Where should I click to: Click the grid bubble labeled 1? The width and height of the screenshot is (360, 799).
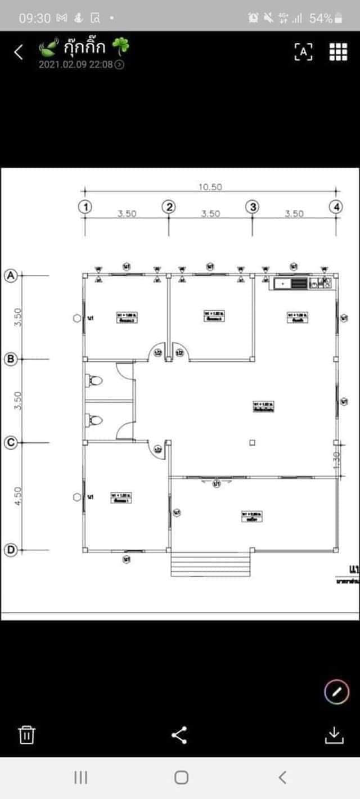[x=85, y=207]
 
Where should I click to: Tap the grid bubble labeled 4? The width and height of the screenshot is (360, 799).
[x=336, y=207]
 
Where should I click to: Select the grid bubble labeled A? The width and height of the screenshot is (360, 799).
[x=10, y=275]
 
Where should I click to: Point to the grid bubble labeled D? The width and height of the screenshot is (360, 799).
[x=10, y=550]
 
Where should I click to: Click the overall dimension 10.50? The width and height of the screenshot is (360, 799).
[x=210, y=187]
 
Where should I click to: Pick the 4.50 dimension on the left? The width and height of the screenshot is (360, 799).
[x=17, y=496]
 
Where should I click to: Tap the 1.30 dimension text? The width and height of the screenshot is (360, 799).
[x=337, y=460]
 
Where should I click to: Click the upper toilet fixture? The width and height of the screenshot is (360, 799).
[x=95, y=381]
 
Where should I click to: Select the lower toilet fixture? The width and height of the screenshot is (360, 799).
[x=95, y=420]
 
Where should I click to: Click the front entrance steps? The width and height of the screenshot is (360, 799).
[x=210, y=564]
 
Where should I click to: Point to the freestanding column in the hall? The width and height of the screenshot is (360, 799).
[x=252, y=443]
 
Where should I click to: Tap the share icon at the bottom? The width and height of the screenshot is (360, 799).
[x=179, y=735]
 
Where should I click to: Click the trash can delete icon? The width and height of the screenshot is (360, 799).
[x=27, y=735]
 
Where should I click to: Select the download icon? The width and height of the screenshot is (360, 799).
[x=334, y=735]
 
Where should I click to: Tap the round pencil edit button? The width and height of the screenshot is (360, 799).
[x=336, y=692]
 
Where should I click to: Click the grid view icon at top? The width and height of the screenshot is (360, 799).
[x=338, y=51]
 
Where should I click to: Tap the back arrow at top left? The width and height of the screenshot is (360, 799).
[x=19, y=52]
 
